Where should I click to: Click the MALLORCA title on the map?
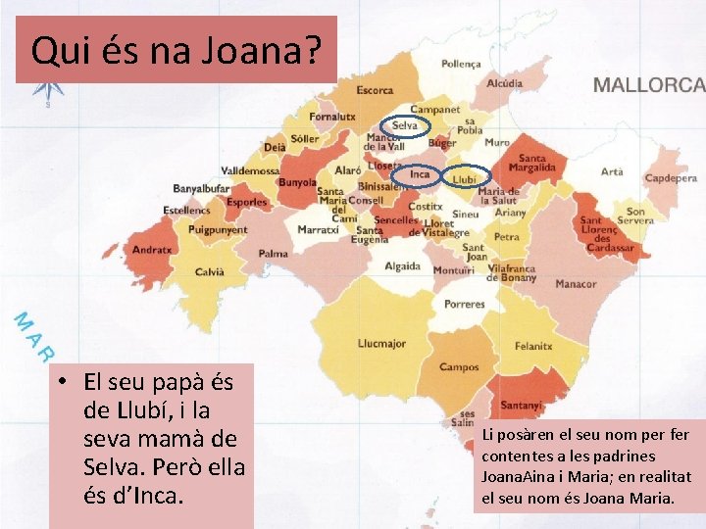(x=648, y=84)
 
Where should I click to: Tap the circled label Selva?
(x=405, y=125)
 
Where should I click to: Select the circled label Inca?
(x=420, y=174)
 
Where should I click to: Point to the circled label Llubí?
(x=465, y=179)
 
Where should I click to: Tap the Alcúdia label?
(x=505, y=84)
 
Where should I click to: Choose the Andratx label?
(x=152, y=250)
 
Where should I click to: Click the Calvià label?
(x=210, y=272)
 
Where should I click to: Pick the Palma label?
(x=274, y=254)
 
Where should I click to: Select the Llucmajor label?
(x=381, y=344)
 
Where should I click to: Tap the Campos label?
(x=459, y=367)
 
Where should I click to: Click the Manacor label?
(x=576, y=284)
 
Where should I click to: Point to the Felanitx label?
(x=533, y=346)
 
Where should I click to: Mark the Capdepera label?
(x=671, y=178)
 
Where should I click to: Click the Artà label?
(x=611, y=171)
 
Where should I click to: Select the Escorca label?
(x=375, y=90)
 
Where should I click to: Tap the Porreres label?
(x=464, y=305)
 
